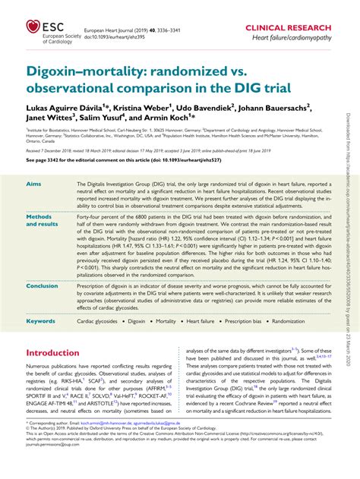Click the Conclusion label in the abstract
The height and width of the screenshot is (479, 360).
pos(43,285)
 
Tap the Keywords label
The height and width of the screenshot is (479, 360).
pos(41,321)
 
